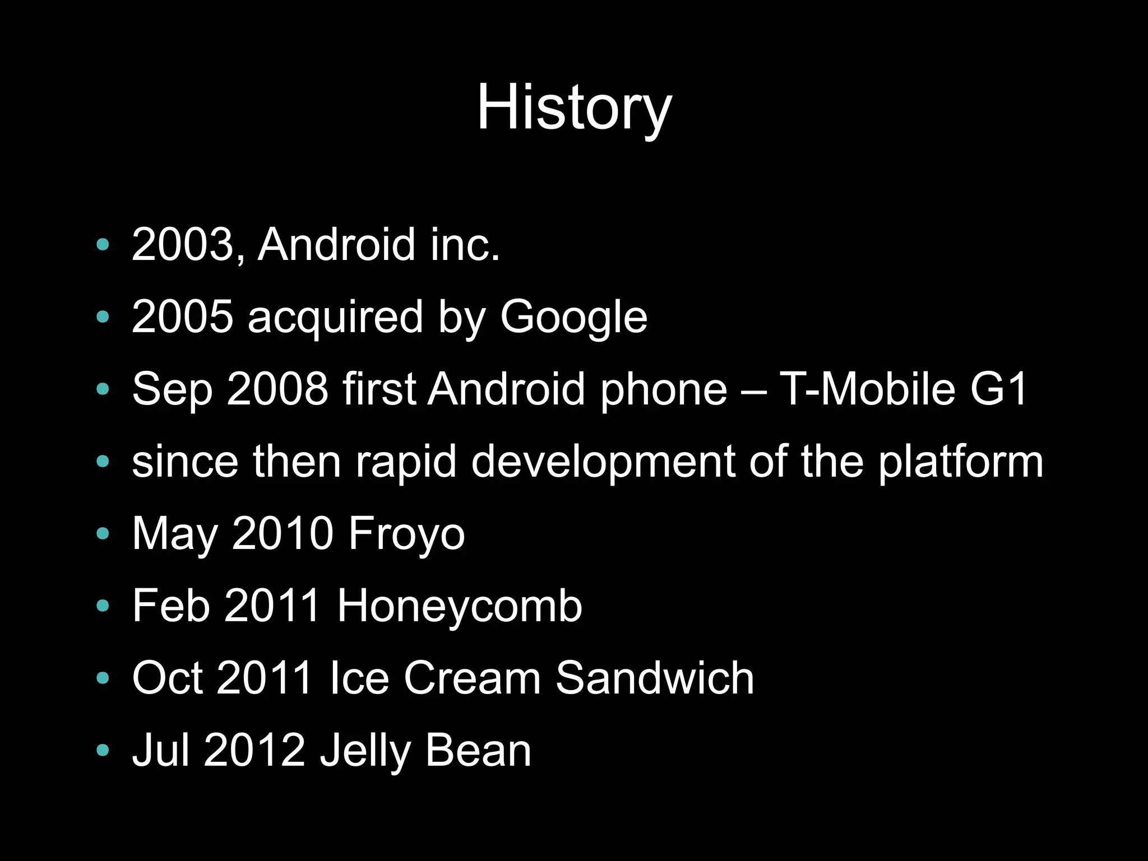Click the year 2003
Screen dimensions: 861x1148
click(183, 244)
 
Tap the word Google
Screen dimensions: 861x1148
click(573, 317)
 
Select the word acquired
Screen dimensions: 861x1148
click(335, 317)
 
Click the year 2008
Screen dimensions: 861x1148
click(277, 389)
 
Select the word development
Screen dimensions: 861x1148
click(603, 461)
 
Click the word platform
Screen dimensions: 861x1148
click(960, 461)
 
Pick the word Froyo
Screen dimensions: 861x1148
click(406, 533)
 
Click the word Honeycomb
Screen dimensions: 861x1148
click(459, 606)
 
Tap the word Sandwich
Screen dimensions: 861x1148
click(654, 678)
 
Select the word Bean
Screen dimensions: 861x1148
click(478, 750)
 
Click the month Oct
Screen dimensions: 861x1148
click(167, 678)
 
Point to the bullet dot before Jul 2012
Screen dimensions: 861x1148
click(103, 750)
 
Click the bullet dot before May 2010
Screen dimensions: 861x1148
click(103, 533)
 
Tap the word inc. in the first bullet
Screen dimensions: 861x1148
click(465, 244)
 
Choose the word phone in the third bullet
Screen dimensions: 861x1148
click(663, 389)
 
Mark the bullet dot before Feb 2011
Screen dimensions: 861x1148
click(103, 606)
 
